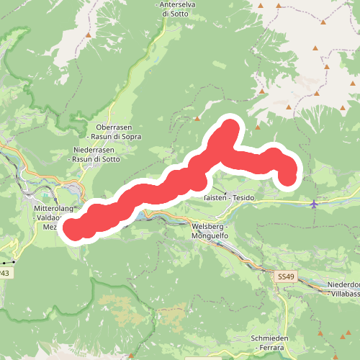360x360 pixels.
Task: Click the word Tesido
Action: pyautogui.click(x=244, y=197)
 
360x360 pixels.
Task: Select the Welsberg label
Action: pyautogui.click(x=209, y=226)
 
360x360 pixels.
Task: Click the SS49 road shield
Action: pyautogui.click(x=286, y=276)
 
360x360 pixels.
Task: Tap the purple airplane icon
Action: pyautogui.click(x=313, y=204)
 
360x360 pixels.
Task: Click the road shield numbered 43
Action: pyautogui.click(x=4, y=274)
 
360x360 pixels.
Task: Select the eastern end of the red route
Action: pyautogui.click(x=287, y=177)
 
